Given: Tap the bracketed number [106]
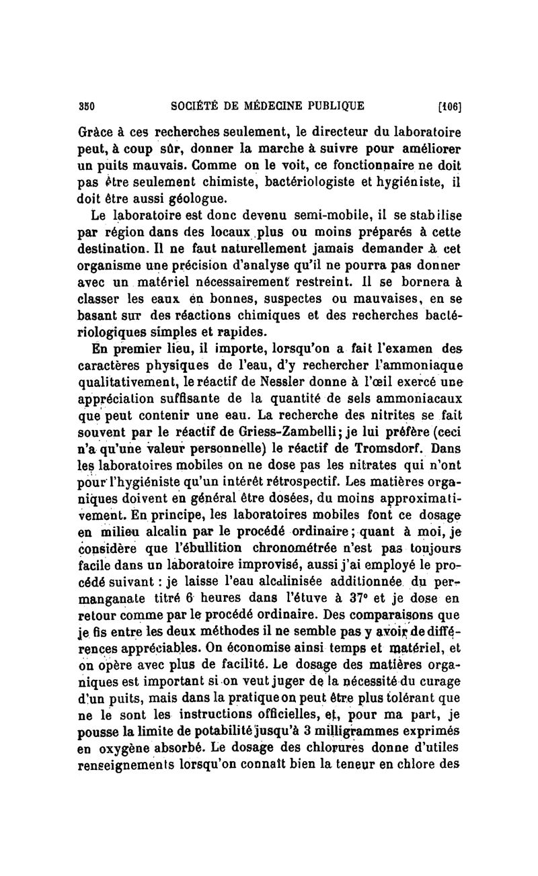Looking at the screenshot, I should [x=455, y=106].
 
